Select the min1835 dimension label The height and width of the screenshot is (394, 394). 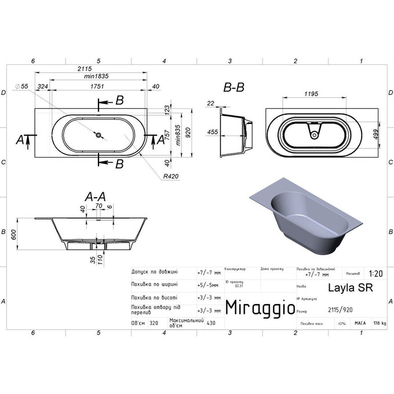[x=97, y=76]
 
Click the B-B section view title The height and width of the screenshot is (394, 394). [x=234, y=87]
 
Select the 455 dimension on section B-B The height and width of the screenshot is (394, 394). [x=213, y=132]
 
